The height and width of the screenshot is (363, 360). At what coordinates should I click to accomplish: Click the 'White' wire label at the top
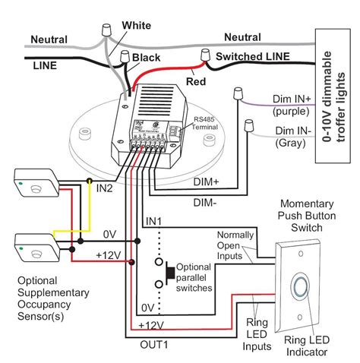click(136, 24)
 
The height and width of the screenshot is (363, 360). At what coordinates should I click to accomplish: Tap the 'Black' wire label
click(146, 57)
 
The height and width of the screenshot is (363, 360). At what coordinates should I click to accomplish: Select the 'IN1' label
click(155, 220)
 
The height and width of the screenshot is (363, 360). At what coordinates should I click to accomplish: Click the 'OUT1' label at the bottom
click(155, 342)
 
